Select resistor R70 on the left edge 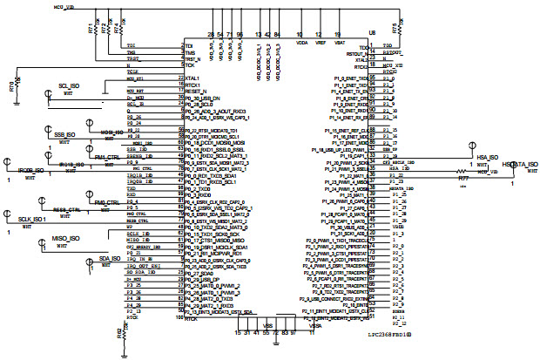coord(11,88)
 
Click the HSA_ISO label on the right coord(487,157)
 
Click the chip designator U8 coord(372,31)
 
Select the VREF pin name coord(320,42)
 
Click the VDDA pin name coord(302,42)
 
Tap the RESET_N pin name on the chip coord(196,91)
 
